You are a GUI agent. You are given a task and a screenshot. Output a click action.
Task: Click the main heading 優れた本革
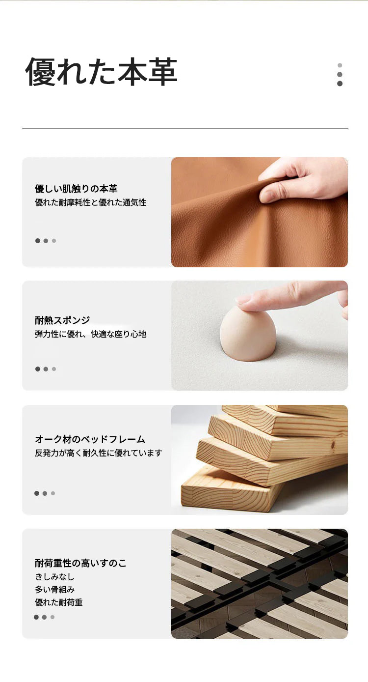click(101, 72)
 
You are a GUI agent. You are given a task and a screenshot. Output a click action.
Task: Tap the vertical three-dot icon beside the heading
click(340, 75)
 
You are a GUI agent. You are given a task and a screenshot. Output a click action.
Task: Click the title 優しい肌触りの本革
click(76, 189)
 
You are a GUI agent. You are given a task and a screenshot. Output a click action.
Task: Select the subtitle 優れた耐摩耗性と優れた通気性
click(90, 202)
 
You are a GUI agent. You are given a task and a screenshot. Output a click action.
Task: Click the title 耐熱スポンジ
click(62, 320)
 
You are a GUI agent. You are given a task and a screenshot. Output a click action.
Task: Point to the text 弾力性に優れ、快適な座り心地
click(90, 334)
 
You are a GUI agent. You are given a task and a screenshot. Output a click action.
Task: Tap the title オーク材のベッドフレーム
click(90, 439)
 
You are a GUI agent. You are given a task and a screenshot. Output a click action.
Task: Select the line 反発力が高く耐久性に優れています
click(98, 453)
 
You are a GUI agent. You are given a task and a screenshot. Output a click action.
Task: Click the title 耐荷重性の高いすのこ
click(80, 563)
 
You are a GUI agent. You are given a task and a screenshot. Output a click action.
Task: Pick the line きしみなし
click(54, 577)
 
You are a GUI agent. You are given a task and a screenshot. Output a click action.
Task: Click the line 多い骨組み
click(54, 590)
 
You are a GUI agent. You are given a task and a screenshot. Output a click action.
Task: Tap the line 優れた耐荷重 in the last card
click(58, 602)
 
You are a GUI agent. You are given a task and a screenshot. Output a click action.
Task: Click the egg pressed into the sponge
click(248, 335)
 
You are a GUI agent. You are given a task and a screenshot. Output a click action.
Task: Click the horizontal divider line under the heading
click(185, 128)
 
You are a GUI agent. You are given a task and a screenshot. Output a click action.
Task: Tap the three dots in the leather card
click(46, 241)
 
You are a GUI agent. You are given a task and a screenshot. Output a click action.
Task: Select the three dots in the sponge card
click(46, 369)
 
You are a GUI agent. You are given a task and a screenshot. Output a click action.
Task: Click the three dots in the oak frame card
click(45, 493)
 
